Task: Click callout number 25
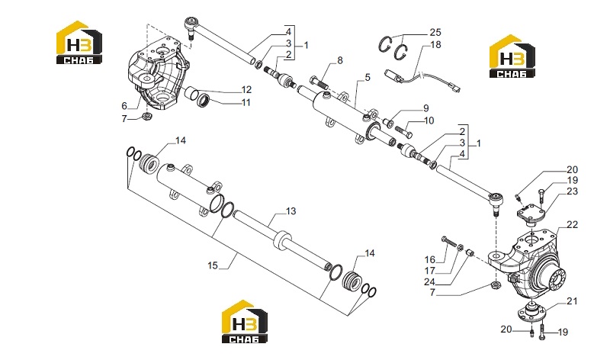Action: click(435, 32)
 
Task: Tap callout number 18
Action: click(435, 45)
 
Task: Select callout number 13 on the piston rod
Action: click(291, 211)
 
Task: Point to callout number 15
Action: click(213, 265)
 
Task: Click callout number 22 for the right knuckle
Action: click(573, 224)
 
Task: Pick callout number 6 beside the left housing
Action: click(124, 105)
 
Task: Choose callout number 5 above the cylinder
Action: click(368, 77)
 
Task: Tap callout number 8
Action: click(340, 60)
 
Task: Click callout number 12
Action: click(246, 89)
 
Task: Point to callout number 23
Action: click(573, 191)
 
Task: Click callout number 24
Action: click(429, 281)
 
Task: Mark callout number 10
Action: click(429, 121)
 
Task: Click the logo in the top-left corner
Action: click(79, 42)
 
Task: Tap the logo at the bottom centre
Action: click(245, 321)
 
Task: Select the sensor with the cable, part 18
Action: click(422, 79)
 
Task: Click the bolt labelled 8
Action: click(319, 83)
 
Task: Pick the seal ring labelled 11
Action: click(204, 101)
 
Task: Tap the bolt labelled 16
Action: click(448, 241)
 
